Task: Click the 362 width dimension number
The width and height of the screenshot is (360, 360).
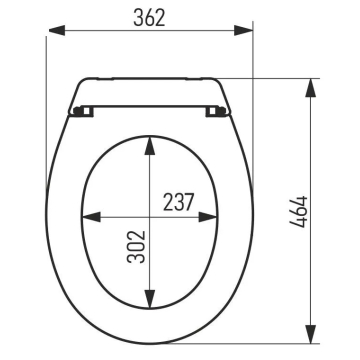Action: (x=149, y=18)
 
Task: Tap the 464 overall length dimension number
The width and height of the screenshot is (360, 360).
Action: (x=298, y=212)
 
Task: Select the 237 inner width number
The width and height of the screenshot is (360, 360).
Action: (x=178, y=202)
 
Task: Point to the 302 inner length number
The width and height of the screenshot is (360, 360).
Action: (x=136, y=247)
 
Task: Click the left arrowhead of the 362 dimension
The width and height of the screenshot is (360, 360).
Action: (x=57, y=30)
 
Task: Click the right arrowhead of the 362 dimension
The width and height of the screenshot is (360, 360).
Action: (x=243, y=30)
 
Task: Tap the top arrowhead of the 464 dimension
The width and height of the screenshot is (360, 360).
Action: (x=311, y=88)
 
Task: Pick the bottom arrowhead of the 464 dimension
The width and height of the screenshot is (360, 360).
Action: (x=311, y=334)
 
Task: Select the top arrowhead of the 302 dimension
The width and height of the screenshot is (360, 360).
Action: (x=150, y=145)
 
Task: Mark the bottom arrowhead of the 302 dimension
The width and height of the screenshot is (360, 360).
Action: (x=150, y=299)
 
